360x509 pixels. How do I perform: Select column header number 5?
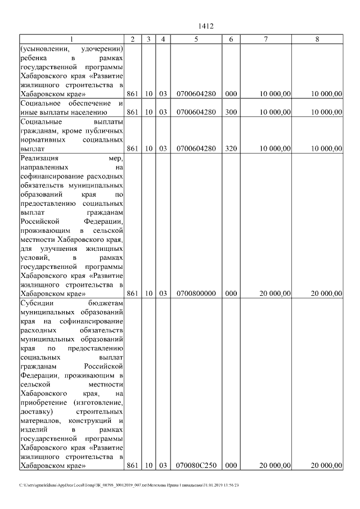point(196,39)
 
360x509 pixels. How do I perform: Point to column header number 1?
point(71,39)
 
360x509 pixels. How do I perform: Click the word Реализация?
point(40,159)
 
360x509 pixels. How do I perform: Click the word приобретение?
point(42,403)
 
